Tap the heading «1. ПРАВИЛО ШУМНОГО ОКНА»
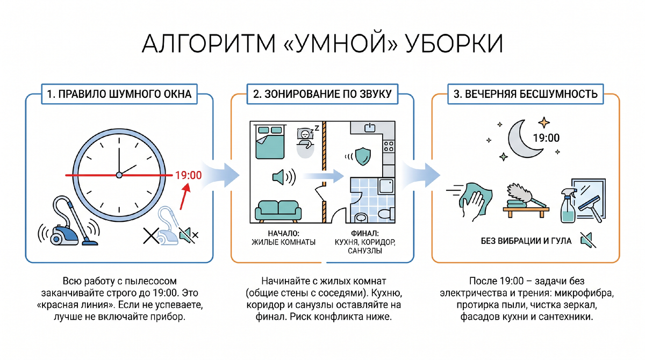coord(119,94)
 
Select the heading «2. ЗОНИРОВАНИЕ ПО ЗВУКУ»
coord(322,94)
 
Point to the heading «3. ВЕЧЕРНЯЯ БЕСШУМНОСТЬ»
coord(526,94)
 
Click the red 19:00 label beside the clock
coord(189,175)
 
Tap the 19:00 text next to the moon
coord(546,138)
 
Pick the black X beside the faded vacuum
coord(151,236)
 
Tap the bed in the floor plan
coord(270,142)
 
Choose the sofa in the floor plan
coord(278,212)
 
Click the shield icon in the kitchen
coord(363,156)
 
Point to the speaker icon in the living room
coord(284,177)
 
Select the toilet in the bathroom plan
coord(386,213)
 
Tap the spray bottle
coord(568,205)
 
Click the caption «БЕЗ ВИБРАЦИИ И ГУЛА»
coord(526,241)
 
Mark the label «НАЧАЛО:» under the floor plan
coord(284,233)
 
